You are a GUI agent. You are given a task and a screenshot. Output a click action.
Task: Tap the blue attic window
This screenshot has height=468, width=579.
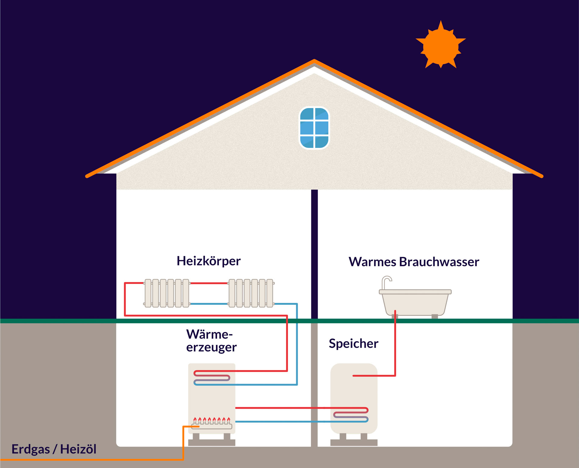coord(314,128)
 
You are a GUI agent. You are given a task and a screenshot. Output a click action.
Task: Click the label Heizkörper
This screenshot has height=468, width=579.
coord(209,261)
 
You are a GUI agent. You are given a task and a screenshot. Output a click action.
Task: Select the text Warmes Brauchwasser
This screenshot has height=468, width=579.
coord(414,262)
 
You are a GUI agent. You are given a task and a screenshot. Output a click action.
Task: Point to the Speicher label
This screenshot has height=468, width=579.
coord(353,344)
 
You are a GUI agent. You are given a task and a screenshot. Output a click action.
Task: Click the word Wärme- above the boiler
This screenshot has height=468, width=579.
coord(210,334)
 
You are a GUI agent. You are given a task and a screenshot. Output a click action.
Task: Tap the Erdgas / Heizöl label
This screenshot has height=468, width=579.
coord(54,449)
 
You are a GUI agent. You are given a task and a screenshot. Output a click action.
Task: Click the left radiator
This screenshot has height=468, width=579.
coord(167,293)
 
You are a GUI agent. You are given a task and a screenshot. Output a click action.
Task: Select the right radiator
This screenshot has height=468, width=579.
coord(251,293)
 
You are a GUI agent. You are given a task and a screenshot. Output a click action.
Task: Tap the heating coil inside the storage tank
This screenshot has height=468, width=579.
coord(351,415)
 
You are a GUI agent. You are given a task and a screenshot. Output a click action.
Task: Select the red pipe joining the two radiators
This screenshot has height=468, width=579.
coord(208,283)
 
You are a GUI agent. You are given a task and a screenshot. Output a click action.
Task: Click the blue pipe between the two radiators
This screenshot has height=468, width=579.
coord(208,304)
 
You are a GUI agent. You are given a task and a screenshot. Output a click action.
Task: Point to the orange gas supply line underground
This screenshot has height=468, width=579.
coord(90,460)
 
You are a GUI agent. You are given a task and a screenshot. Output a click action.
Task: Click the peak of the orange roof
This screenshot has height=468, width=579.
coord(314,61)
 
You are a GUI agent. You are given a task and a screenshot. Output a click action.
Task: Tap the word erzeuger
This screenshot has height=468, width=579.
coord(211,347)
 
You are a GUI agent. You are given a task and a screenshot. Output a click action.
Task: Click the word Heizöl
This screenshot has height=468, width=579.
coord(78,449)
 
